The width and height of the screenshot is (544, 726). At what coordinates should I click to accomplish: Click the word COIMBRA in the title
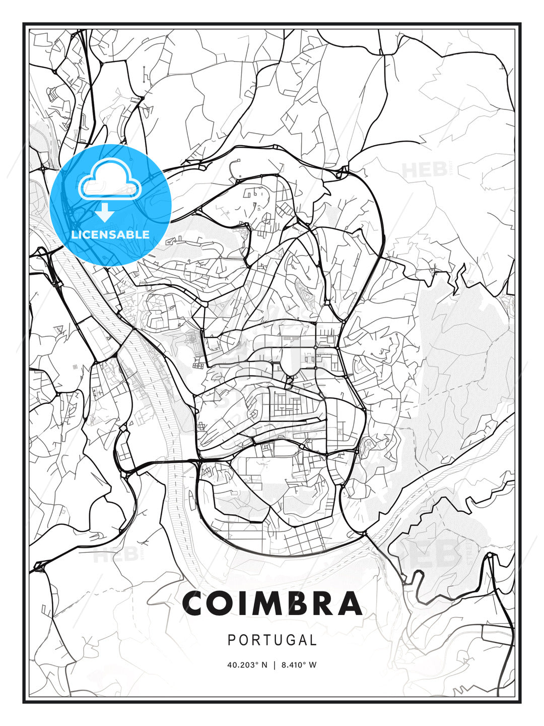272,603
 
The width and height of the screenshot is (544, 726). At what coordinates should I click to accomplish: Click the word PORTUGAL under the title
272,640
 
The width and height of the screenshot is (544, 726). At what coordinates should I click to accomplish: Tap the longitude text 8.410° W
298,665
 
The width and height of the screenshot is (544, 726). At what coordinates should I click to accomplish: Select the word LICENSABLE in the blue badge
110,234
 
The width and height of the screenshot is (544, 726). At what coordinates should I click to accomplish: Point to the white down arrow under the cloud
104,212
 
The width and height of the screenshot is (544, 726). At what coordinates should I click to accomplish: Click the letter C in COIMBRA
195,603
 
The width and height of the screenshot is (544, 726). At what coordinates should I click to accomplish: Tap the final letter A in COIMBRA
348,603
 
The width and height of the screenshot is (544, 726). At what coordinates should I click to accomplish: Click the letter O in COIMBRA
222,603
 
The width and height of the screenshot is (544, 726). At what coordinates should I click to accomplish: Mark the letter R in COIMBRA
322,603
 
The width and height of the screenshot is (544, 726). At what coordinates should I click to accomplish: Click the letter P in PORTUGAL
232,640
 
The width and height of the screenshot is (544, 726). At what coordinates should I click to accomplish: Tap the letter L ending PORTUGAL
313,640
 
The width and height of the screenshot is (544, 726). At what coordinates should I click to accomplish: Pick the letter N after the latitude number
265,665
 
